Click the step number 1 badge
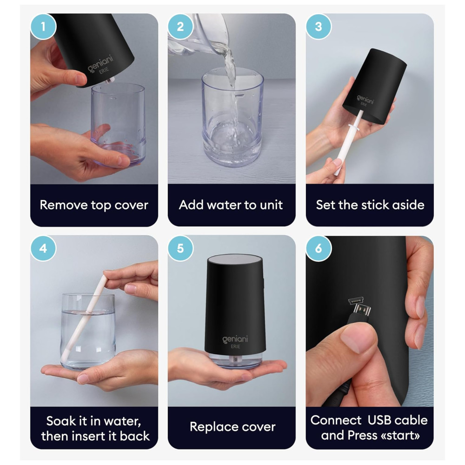[43, 27]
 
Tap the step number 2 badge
[180, 27]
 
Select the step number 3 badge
[319, 27]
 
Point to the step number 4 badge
[43, 248]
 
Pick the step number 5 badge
[180, 248]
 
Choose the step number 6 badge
[319, 248]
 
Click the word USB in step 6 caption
[379, 420]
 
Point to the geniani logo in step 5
[235, 339]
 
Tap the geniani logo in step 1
[100, 63]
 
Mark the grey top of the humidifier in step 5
[235, 259]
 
